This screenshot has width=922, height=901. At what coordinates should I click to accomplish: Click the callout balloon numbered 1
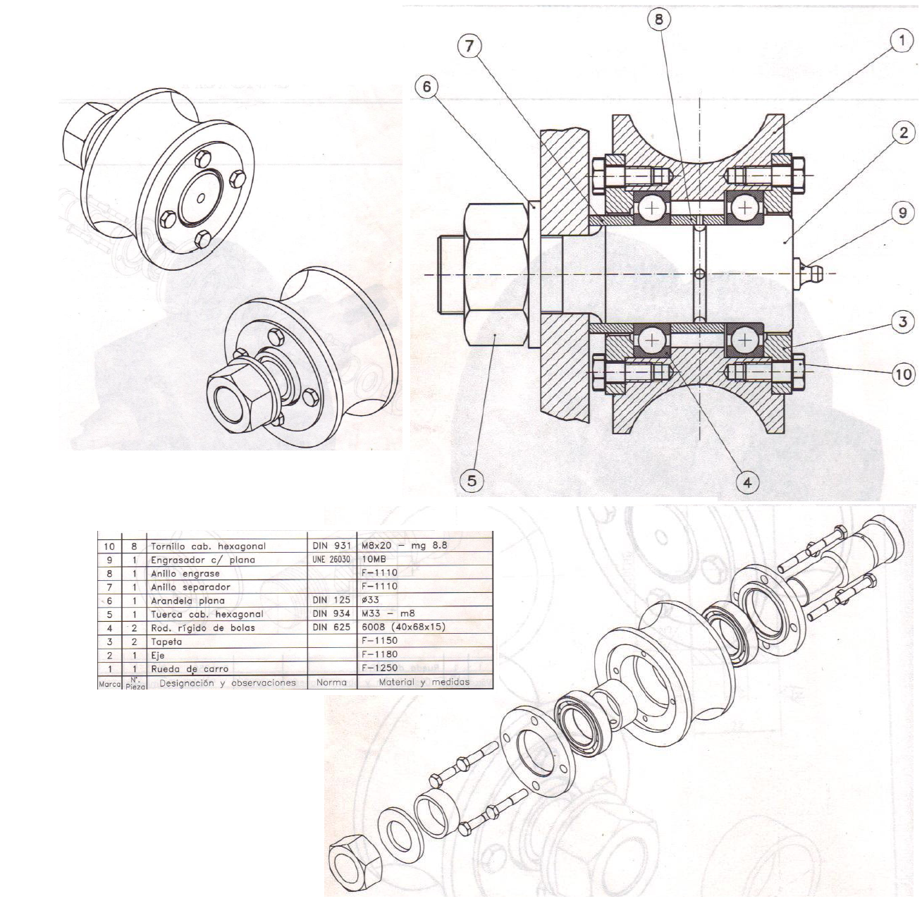pyautogui.click(x=901, y=41)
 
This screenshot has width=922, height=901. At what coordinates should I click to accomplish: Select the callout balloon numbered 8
pyautogui.click(x=659, y=19)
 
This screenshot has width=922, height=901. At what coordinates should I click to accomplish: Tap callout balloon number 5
pyautogui.click(x=472, y=481)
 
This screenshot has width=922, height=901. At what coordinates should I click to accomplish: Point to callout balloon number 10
pyautogui.click(x=903, y=374)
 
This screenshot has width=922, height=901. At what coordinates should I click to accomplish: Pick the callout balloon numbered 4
pyautogui.click(x=747, y=482)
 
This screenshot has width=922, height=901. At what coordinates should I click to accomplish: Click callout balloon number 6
pyautogui.click(x=426, y=87)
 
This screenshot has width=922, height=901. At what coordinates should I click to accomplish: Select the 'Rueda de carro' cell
pyautogui.click(x=190, y=669)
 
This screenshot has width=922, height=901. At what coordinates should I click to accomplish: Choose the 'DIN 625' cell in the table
pyautogui.click(x=331, y=627)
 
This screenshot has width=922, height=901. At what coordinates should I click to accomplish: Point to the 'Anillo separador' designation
pyautogui.click(x=190, y=587)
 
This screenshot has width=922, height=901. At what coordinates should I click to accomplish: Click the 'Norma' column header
pyautogui.click(x=331, y=682)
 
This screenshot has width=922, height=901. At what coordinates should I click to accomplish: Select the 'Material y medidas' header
pyautogui.click(x=424, y=682)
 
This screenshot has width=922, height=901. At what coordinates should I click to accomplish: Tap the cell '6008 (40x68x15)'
pyautogui.click(x=402, y=627)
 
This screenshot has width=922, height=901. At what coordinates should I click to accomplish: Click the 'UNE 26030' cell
pyautogui.click(x=331, y=559)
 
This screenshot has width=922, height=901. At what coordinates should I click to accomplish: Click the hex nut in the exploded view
pyautogui.click(x=355, y=865)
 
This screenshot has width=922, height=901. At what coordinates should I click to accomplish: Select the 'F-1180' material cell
pyautogui.click(x=379, y=655)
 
